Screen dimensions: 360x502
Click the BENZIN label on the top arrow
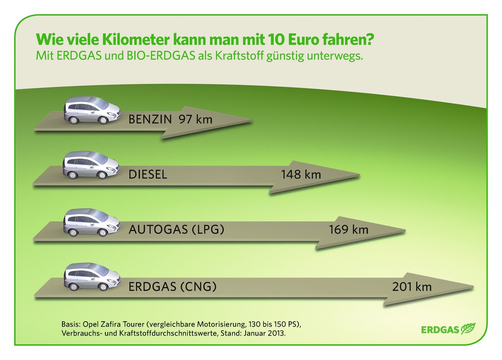coord(150,119)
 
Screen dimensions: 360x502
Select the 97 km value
coord(196,119)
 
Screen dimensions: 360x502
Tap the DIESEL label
coord(148,175)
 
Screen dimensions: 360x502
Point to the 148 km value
coord(301,175)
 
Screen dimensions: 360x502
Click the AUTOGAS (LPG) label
coord(176,230)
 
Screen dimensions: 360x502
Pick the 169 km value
coord(349,230)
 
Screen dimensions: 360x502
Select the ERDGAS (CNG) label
coord(172,287)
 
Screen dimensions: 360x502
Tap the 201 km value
coord(412,287)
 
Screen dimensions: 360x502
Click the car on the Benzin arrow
coord(92,110)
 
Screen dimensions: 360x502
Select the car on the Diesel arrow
coord(91,165)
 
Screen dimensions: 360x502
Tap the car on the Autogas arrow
coord(92,222)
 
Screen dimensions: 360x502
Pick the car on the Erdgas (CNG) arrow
coord(92,277)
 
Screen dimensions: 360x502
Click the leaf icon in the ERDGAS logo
coord(469,328)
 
